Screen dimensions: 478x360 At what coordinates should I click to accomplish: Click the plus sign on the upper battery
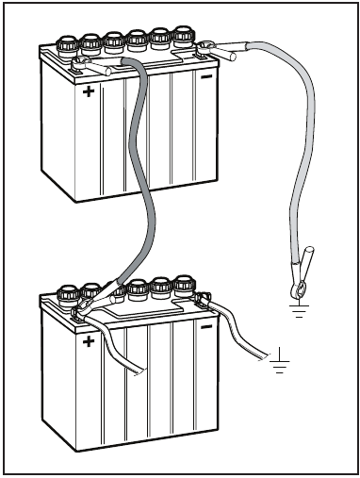(x=89, y=92)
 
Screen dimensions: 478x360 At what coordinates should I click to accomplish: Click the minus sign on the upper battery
(x=206, y=77)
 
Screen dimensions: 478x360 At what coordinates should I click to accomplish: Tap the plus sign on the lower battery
(x=89, y=342)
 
